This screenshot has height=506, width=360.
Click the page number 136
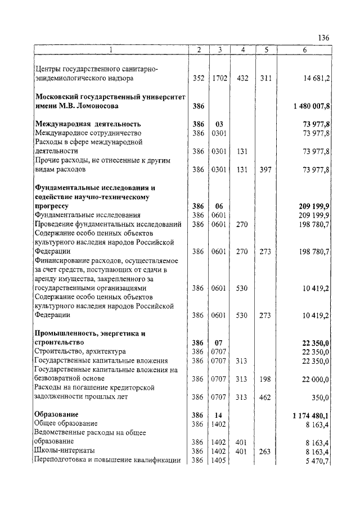point(323,38)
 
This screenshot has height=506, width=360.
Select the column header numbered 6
point(304,50)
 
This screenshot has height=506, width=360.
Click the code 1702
point(220,79)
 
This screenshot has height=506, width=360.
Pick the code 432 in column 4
point(242,79)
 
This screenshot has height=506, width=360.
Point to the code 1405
point(219,460)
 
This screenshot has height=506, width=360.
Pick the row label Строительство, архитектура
point(71,351)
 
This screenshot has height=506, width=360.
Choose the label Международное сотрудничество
point(80,133)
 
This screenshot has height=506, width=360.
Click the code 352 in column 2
point(198,79)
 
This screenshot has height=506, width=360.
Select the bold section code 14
point(219,415)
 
